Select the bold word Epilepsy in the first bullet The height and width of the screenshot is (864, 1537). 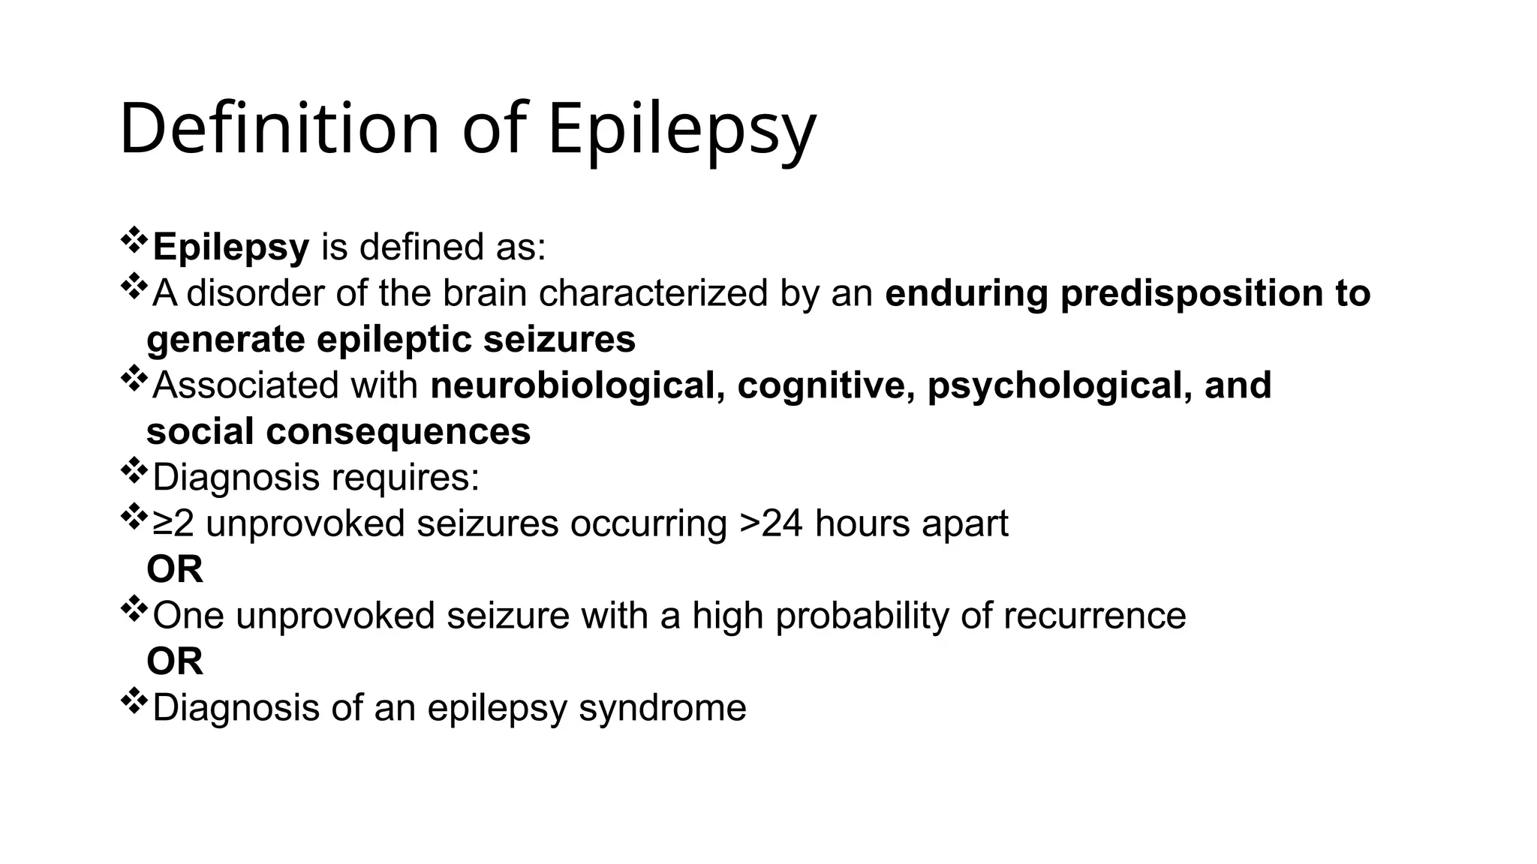230,247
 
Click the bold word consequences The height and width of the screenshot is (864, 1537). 398,432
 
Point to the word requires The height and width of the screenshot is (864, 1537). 405,478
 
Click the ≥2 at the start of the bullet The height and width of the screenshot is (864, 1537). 173,523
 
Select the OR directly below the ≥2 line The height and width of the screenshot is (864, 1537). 175,570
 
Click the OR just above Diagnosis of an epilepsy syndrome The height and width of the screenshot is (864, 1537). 175,661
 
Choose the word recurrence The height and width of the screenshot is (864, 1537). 1094,616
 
